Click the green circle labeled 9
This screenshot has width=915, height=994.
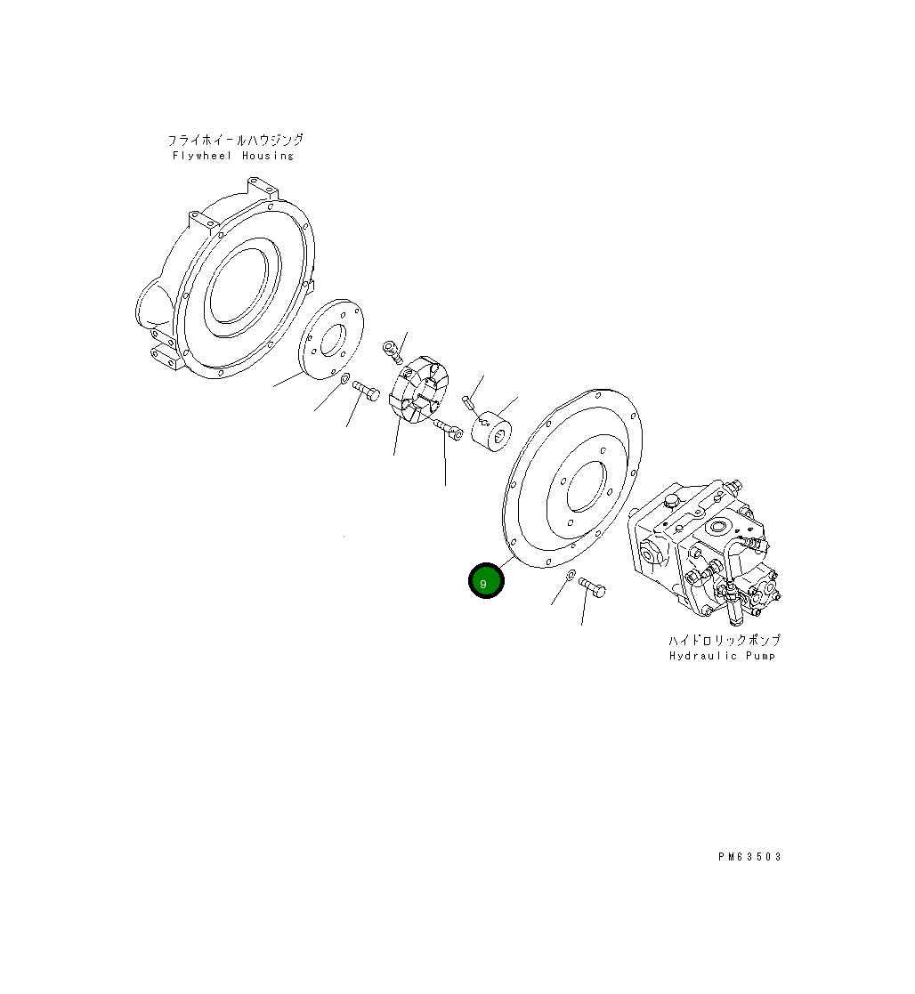click(x=486, y=581)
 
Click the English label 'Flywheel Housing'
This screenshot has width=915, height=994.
click(x=232, y=156)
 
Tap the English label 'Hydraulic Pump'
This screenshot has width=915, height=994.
click(x=721, y=656)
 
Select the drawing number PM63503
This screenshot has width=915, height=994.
click(x=749, y=856)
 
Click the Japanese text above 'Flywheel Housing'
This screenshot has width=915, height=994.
click(x=235, y=140)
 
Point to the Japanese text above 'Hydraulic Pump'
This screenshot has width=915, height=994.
click(x=725, y=640)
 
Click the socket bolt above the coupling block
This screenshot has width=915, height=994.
click(x=393, y=351)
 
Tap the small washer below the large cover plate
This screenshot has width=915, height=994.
click(x=571, y=576)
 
